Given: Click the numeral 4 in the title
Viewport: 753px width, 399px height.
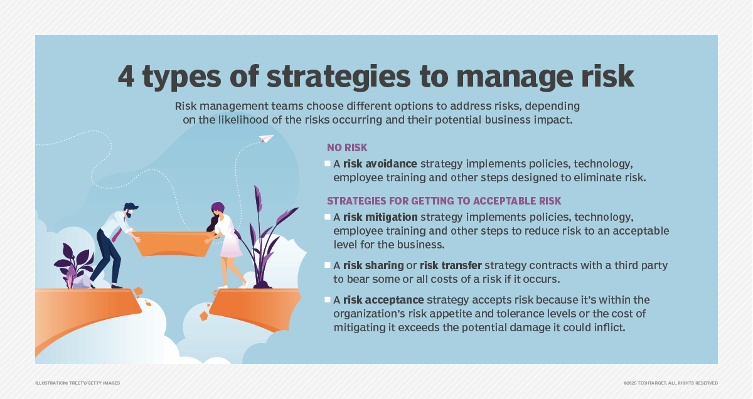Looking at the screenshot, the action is point(126,77).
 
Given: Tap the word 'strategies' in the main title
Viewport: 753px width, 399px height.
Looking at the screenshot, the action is point(338,78).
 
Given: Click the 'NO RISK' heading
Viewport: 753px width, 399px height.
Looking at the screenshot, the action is point(347,147).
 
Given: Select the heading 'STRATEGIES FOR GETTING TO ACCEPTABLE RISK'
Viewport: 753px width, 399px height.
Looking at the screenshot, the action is point(444,201).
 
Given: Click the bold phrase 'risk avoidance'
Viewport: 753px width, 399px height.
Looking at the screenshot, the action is point(380,164).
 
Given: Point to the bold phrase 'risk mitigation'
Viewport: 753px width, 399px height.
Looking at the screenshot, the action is point(380,217).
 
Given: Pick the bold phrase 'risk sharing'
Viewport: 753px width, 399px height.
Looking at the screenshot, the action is point(373,265).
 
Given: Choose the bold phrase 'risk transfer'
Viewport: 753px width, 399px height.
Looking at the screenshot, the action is point(451,265).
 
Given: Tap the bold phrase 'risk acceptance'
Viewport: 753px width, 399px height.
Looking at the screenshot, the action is point(383,300).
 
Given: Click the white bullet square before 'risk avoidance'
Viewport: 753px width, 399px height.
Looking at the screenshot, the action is point(328,164).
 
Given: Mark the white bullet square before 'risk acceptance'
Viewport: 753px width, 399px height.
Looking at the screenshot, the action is point(328,300).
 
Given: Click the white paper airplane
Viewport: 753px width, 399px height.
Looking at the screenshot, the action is point(266,138).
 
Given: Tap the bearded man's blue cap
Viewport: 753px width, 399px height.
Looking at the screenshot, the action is point(132,206).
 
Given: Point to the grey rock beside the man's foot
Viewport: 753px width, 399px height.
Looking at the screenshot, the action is point(82,282).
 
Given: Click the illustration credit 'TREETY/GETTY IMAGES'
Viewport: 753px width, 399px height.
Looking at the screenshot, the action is point(94,383).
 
